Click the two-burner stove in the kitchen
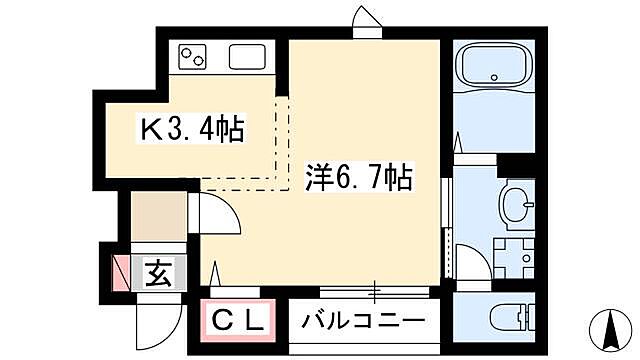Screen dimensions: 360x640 [x=193, y=58]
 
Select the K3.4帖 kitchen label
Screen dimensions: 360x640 [x=193, y=130]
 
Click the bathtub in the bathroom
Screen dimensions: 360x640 [x=494, y=68]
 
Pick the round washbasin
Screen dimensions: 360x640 [x=516, y=206]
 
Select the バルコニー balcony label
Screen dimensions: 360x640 [x=365, y=321]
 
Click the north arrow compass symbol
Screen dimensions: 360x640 [x=609, y=326]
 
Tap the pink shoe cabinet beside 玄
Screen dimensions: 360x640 [x=122, y=273]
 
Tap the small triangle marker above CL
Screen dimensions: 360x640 [x=215, y=271]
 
